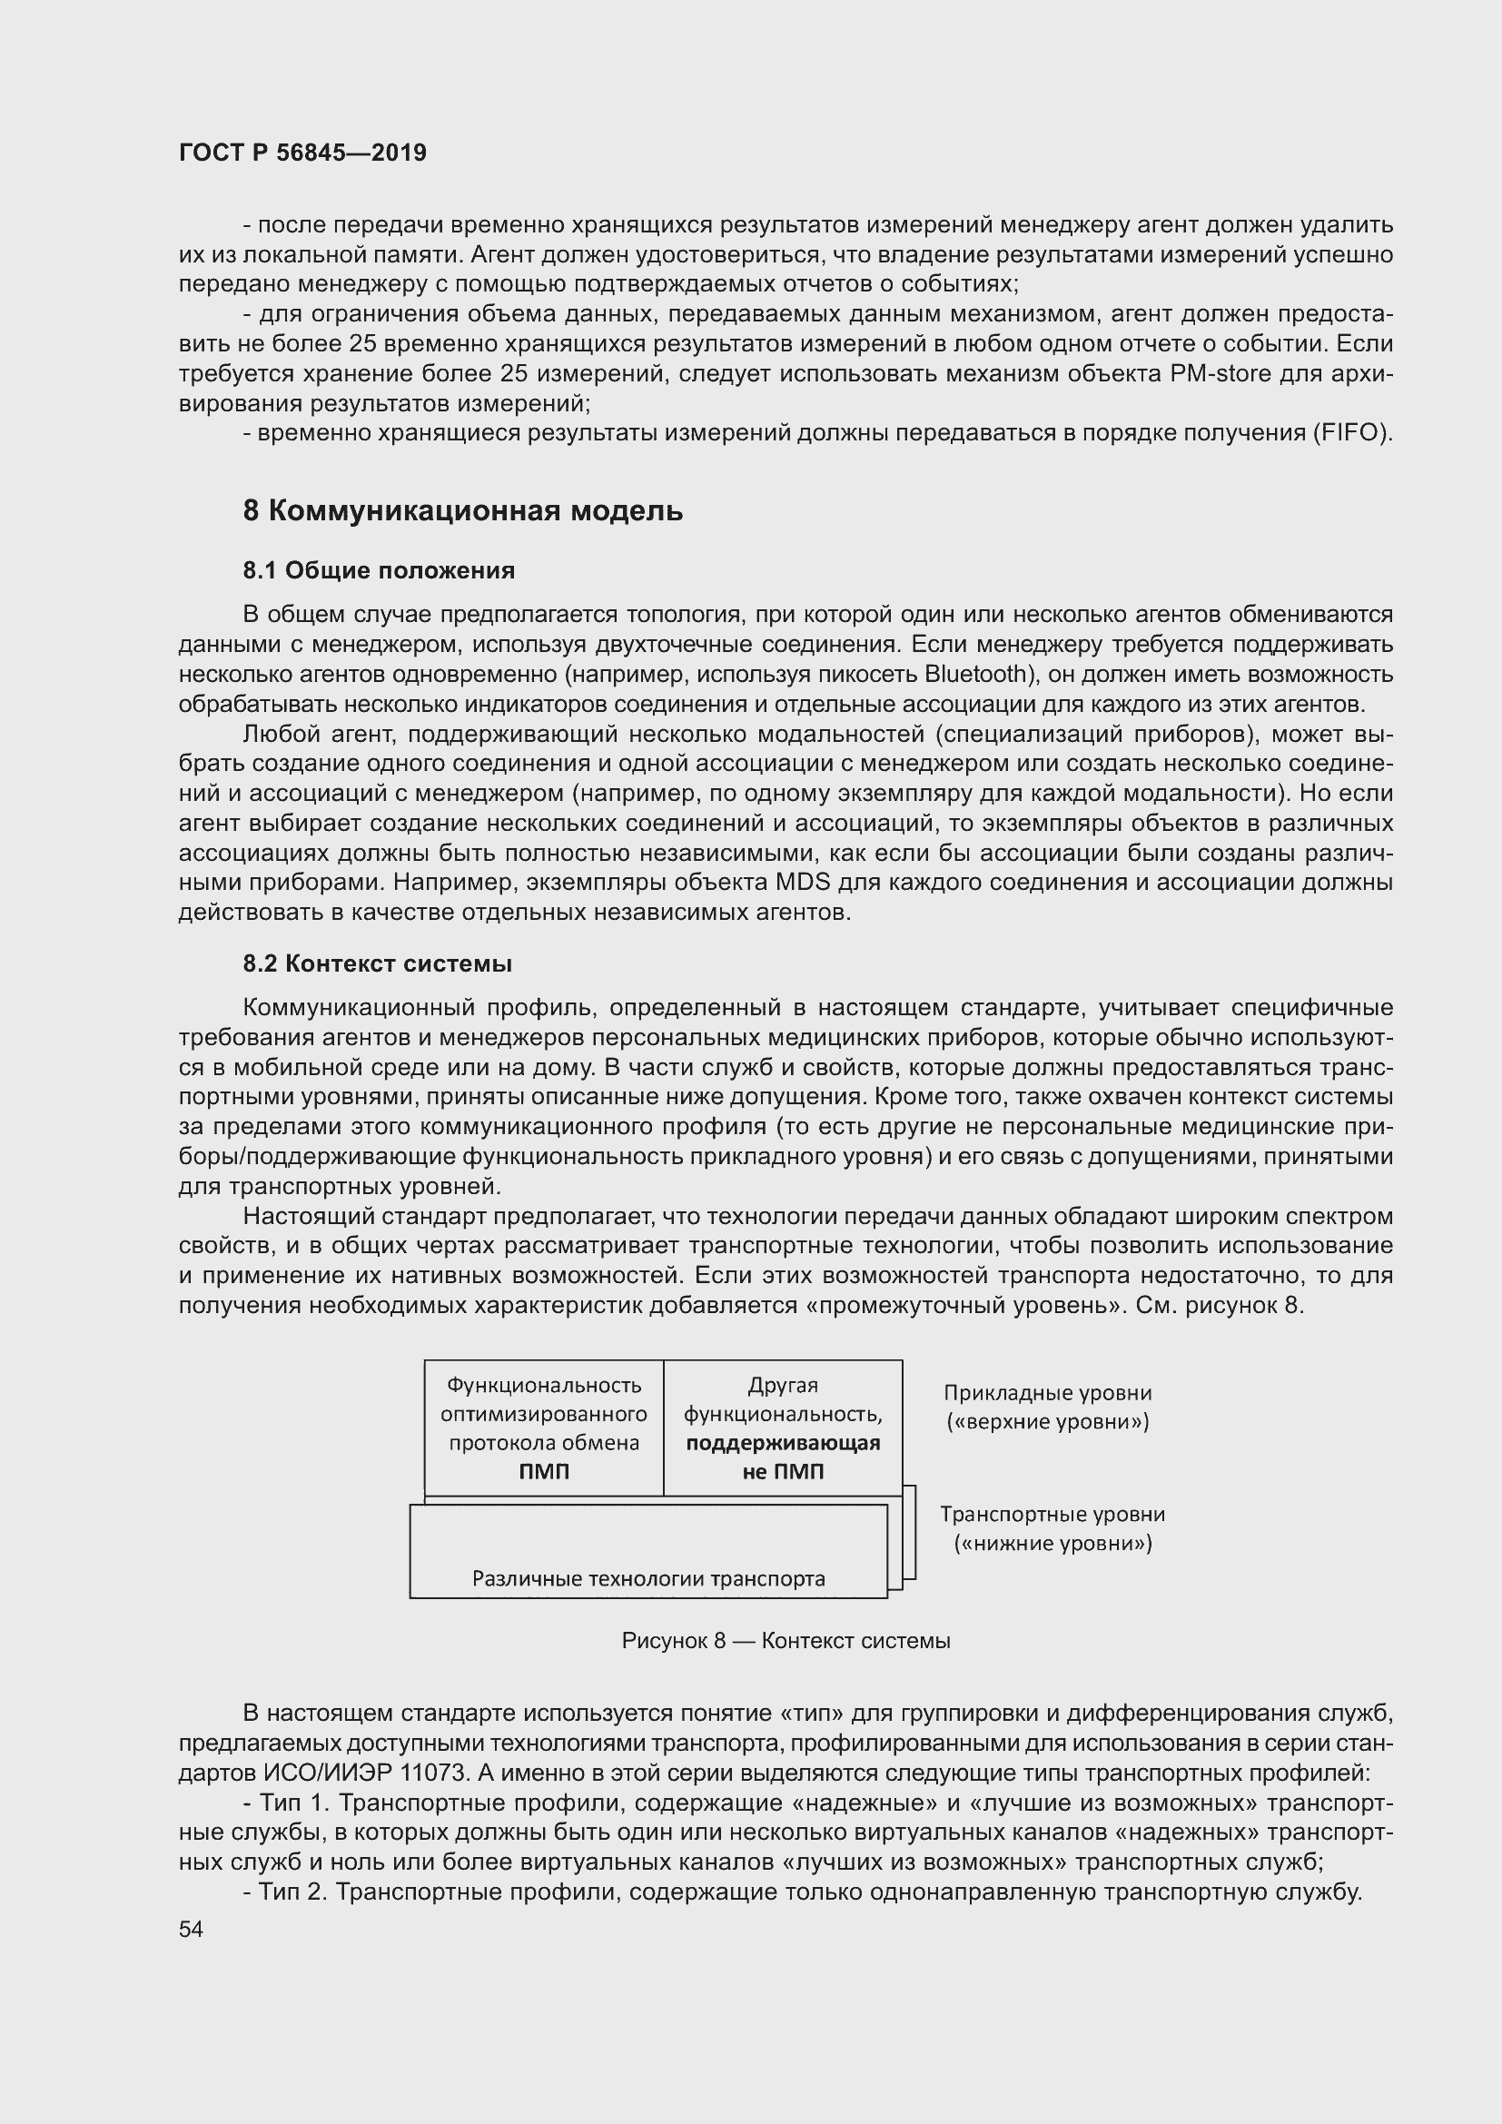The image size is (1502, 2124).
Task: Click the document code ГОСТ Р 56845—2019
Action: pos(302,153)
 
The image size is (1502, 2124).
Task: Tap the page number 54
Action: pos(191,1929)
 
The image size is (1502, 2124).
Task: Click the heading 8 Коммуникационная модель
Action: pos(462,510)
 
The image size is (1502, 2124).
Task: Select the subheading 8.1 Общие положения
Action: pos(379,571)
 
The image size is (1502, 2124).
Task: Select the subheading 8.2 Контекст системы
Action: pos(378,964)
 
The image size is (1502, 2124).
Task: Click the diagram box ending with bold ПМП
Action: pos(544,1428)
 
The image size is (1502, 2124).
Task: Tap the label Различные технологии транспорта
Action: pos(648,1578)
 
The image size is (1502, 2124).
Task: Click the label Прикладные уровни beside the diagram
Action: pos(1047,1393)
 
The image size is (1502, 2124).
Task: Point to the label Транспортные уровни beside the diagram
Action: pos(1052,1515)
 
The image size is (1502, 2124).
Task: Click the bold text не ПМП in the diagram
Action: pos(783,1472)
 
